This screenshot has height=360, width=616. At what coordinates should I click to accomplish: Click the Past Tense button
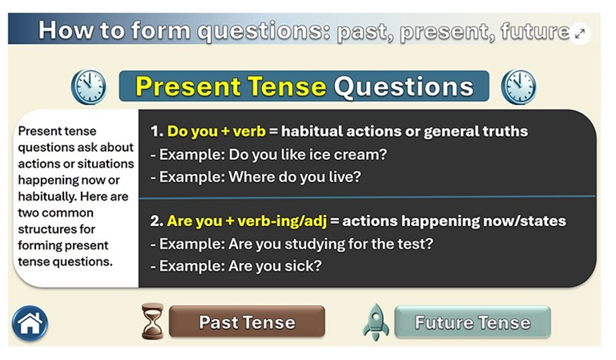click(247, 322)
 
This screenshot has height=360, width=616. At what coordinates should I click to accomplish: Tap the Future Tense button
click(472, 322)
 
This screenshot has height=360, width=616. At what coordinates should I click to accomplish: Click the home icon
click(30, 323)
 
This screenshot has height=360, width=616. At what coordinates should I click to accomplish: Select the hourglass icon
click(152, 321)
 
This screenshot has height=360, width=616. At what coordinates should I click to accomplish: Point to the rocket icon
click(376, 322)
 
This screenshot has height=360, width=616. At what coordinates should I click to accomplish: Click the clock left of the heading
click(89, 87)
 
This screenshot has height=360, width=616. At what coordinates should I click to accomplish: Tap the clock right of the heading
click(519, 87)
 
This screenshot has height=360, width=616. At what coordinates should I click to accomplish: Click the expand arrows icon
click(580, 34)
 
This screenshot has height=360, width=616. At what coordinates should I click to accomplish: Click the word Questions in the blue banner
click(404, 87)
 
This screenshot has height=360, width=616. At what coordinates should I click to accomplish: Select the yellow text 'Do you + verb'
click(216, 131)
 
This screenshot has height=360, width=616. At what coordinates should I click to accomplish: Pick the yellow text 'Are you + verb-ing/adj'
click(247, 221)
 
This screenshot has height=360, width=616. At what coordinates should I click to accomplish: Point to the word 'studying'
click(314, 244)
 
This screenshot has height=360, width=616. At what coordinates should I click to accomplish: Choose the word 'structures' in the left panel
click(56, 229)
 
